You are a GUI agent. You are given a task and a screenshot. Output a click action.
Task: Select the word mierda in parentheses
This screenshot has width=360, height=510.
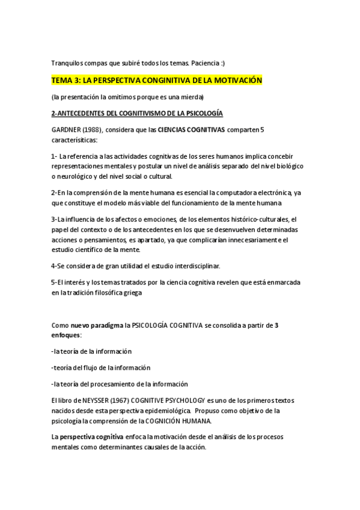192,97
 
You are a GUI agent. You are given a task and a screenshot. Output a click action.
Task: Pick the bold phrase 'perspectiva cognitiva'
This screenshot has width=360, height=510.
92,436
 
